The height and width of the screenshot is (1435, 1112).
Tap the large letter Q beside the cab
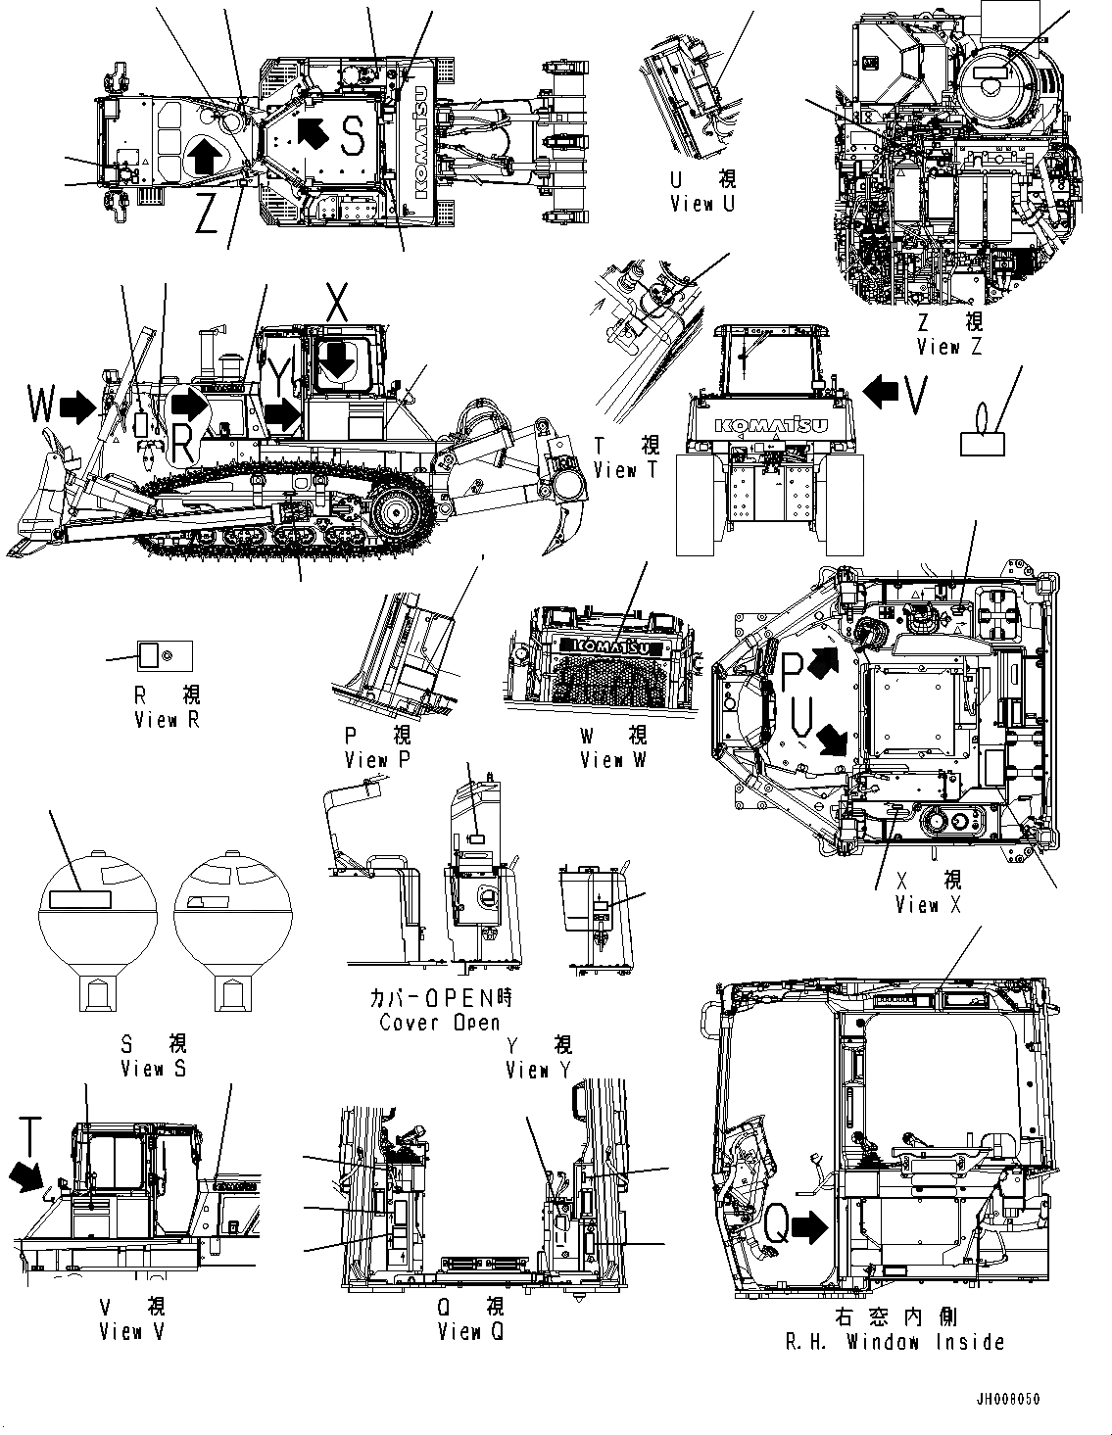(775, 1224)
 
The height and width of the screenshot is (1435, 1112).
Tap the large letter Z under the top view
(206, 215)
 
